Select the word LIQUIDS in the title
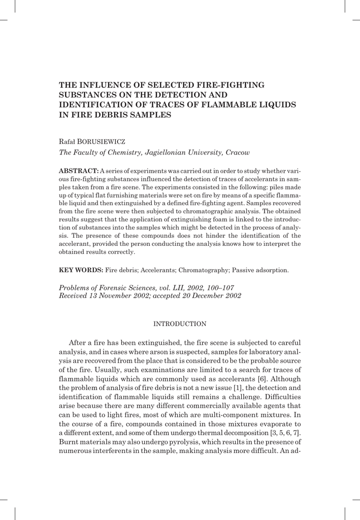(x=274, y=105)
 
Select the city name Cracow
(x=237, y=152)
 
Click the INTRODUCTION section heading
(x=180, y=323)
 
